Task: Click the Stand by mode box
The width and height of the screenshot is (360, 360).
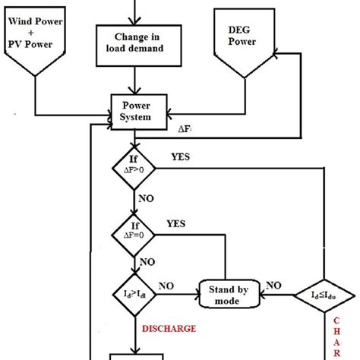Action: click(225, 293)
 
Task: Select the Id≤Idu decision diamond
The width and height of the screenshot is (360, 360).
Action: click(326, 293)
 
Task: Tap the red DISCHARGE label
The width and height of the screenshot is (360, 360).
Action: click(170, 328)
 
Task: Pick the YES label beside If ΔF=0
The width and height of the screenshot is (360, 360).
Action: click(177, 225)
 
